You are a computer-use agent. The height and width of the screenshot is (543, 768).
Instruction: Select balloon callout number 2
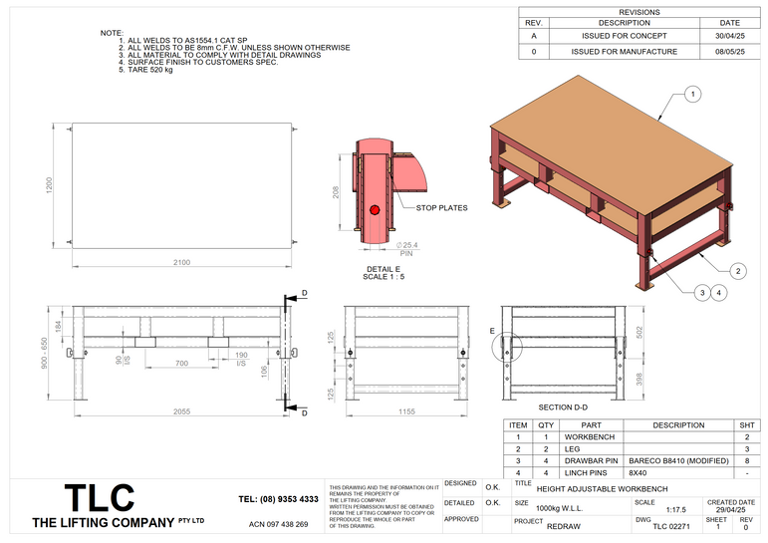[x=738, y=271]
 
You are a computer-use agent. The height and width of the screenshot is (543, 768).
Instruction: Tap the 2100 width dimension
[x=181, y=262]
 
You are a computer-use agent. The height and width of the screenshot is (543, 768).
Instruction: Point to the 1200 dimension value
[x=47, y=186]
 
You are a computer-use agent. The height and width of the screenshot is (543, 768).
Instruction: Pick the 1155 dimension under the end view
[x=405, y=410]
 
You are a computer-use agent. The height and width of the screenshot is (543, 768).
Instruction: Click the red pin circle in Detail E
[x=375, y=209]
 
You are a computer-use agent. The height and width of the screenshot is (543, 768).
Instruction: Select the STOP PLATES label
[x=441, y=207]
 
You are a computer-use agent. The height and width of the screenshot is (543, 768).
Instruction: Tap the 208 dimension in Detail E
[x=337, y=190]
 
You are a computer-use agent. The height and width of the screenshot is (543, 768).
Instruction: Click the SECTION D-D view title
[x=568, y=407]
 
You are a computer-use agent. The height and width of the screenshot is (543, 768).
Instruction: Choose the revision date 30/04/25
[x=729, y=36]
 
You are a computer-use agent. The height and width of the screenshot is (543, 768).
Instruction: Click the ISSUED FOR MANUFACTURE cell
[x=624, y=51]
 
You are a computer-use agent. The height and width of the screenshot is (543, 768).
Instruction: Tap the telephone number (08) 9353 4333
[x=278, y=498]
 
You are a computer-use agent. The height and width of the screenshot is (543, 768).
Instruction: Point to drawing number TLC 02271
[x=669, y=524]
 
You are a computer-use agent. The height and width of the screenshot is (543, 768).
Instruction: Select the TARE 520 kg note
[x=145, y=71]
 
